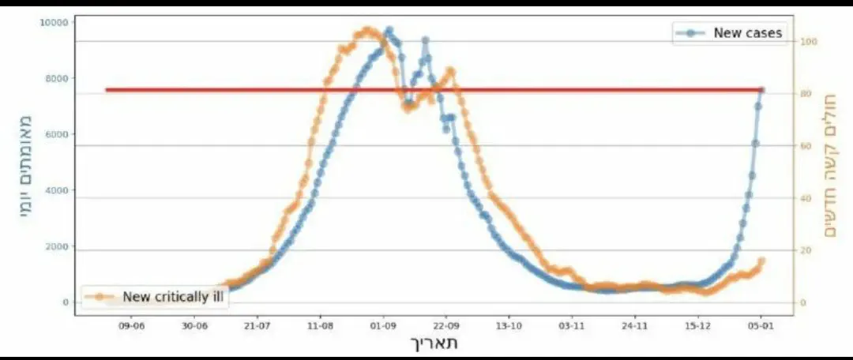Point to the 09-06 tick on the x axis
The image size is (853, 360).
point(131,324)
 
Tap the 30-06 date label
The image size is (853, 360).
point(194,324)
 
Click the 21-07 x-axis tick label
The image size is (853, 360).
point(257,324)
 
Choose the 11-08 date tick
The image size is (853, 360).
point(320,324)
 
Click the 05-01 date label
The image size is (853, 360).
point(761,324)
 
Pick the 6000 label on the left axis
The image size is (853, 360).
point(56,135)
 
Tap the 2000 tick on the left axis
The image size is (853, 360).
point(56,247)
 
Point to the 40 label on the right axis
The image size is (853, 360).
point(806,198)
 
